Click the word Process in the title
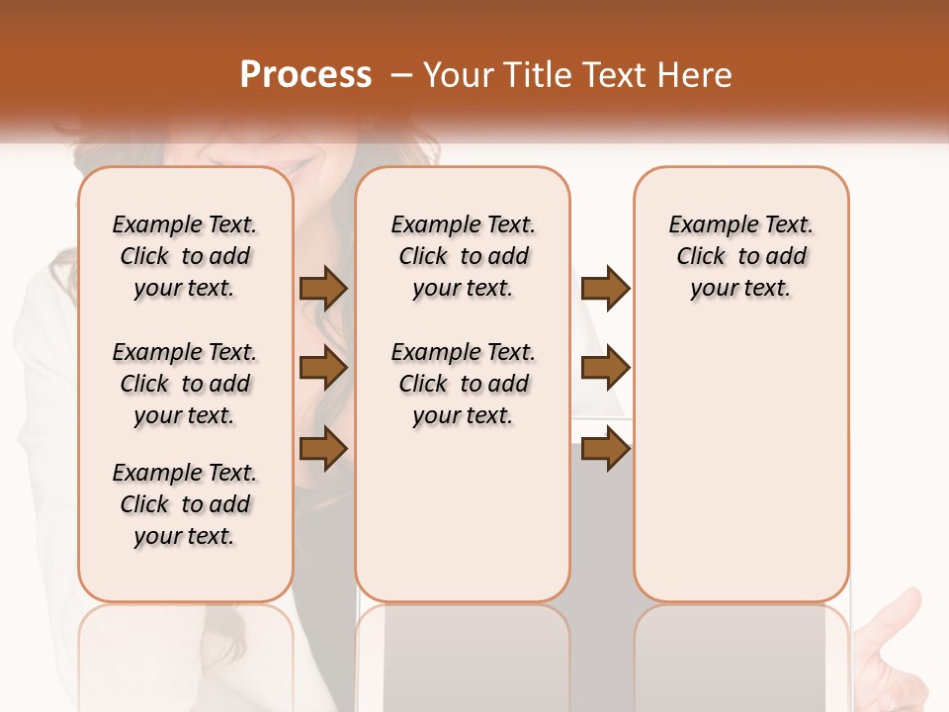pos(305,75)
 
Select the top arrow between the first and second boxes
pos(323,289)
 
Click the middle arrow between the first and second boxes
pos(323,369)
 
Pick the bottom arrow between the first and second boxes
pos(323,449)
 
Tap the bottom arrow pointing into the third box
pos(605,449)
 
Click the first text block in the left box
pos(185,256)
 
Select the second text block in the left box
pos(185,384)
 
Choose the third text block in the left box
pos(185,504)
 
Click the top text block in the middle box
pos(463,256)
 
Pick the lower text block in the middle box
pos(463,384)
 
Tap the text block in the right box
pos(740,256)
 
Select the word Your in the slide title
pos(456,75)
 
